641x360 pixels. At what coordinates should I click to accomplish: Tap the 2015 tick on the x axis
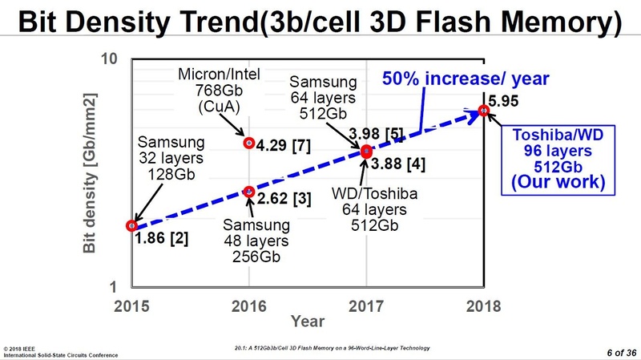coord(132,305)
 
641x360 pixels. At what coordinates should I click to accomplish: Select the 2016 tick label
coord(249,305)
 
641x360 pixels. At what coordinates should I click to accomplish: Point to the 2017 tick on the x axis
coord(366,305)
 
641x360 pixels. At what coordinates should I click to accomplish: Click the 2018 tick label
coord(482,305)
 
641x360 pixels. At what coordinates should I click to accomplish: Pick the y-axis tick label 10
coord(111,59)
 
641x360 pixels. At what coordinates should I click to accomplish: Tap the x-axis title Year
coord(308,322)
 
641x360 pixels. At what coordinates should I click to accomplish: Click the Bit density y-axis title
coord(91,172)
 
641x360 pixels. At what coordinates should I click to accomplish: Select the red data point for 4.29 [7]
coord(249,144)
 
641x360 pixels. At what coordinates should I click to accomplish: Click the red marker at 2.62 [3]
coord(249,192)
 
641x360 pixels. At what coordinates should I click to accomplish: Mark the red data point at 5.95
coord(483,110)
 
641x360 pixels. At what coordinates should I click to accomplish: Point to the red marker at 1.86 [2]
coord(132,225)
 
